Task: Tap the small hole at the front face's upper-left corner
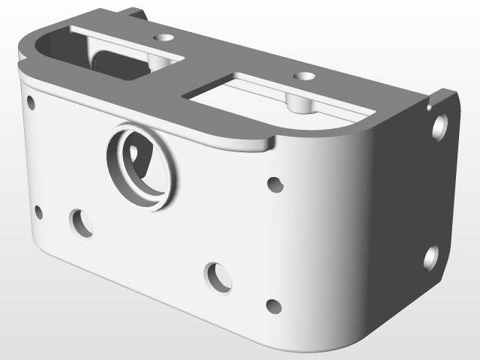[31, 103]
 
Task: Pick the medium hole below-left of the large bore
[81, 223]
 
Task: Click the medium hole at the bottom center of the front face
[219, 276]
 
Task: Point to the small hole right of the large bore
[275, 184]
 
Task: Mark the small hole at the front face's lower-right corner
[274, 307]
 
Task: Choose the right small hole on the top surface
[304, 76]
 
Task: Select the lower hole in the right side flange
[431, 257]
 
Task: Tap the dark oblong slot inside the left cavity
[120, 64]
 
